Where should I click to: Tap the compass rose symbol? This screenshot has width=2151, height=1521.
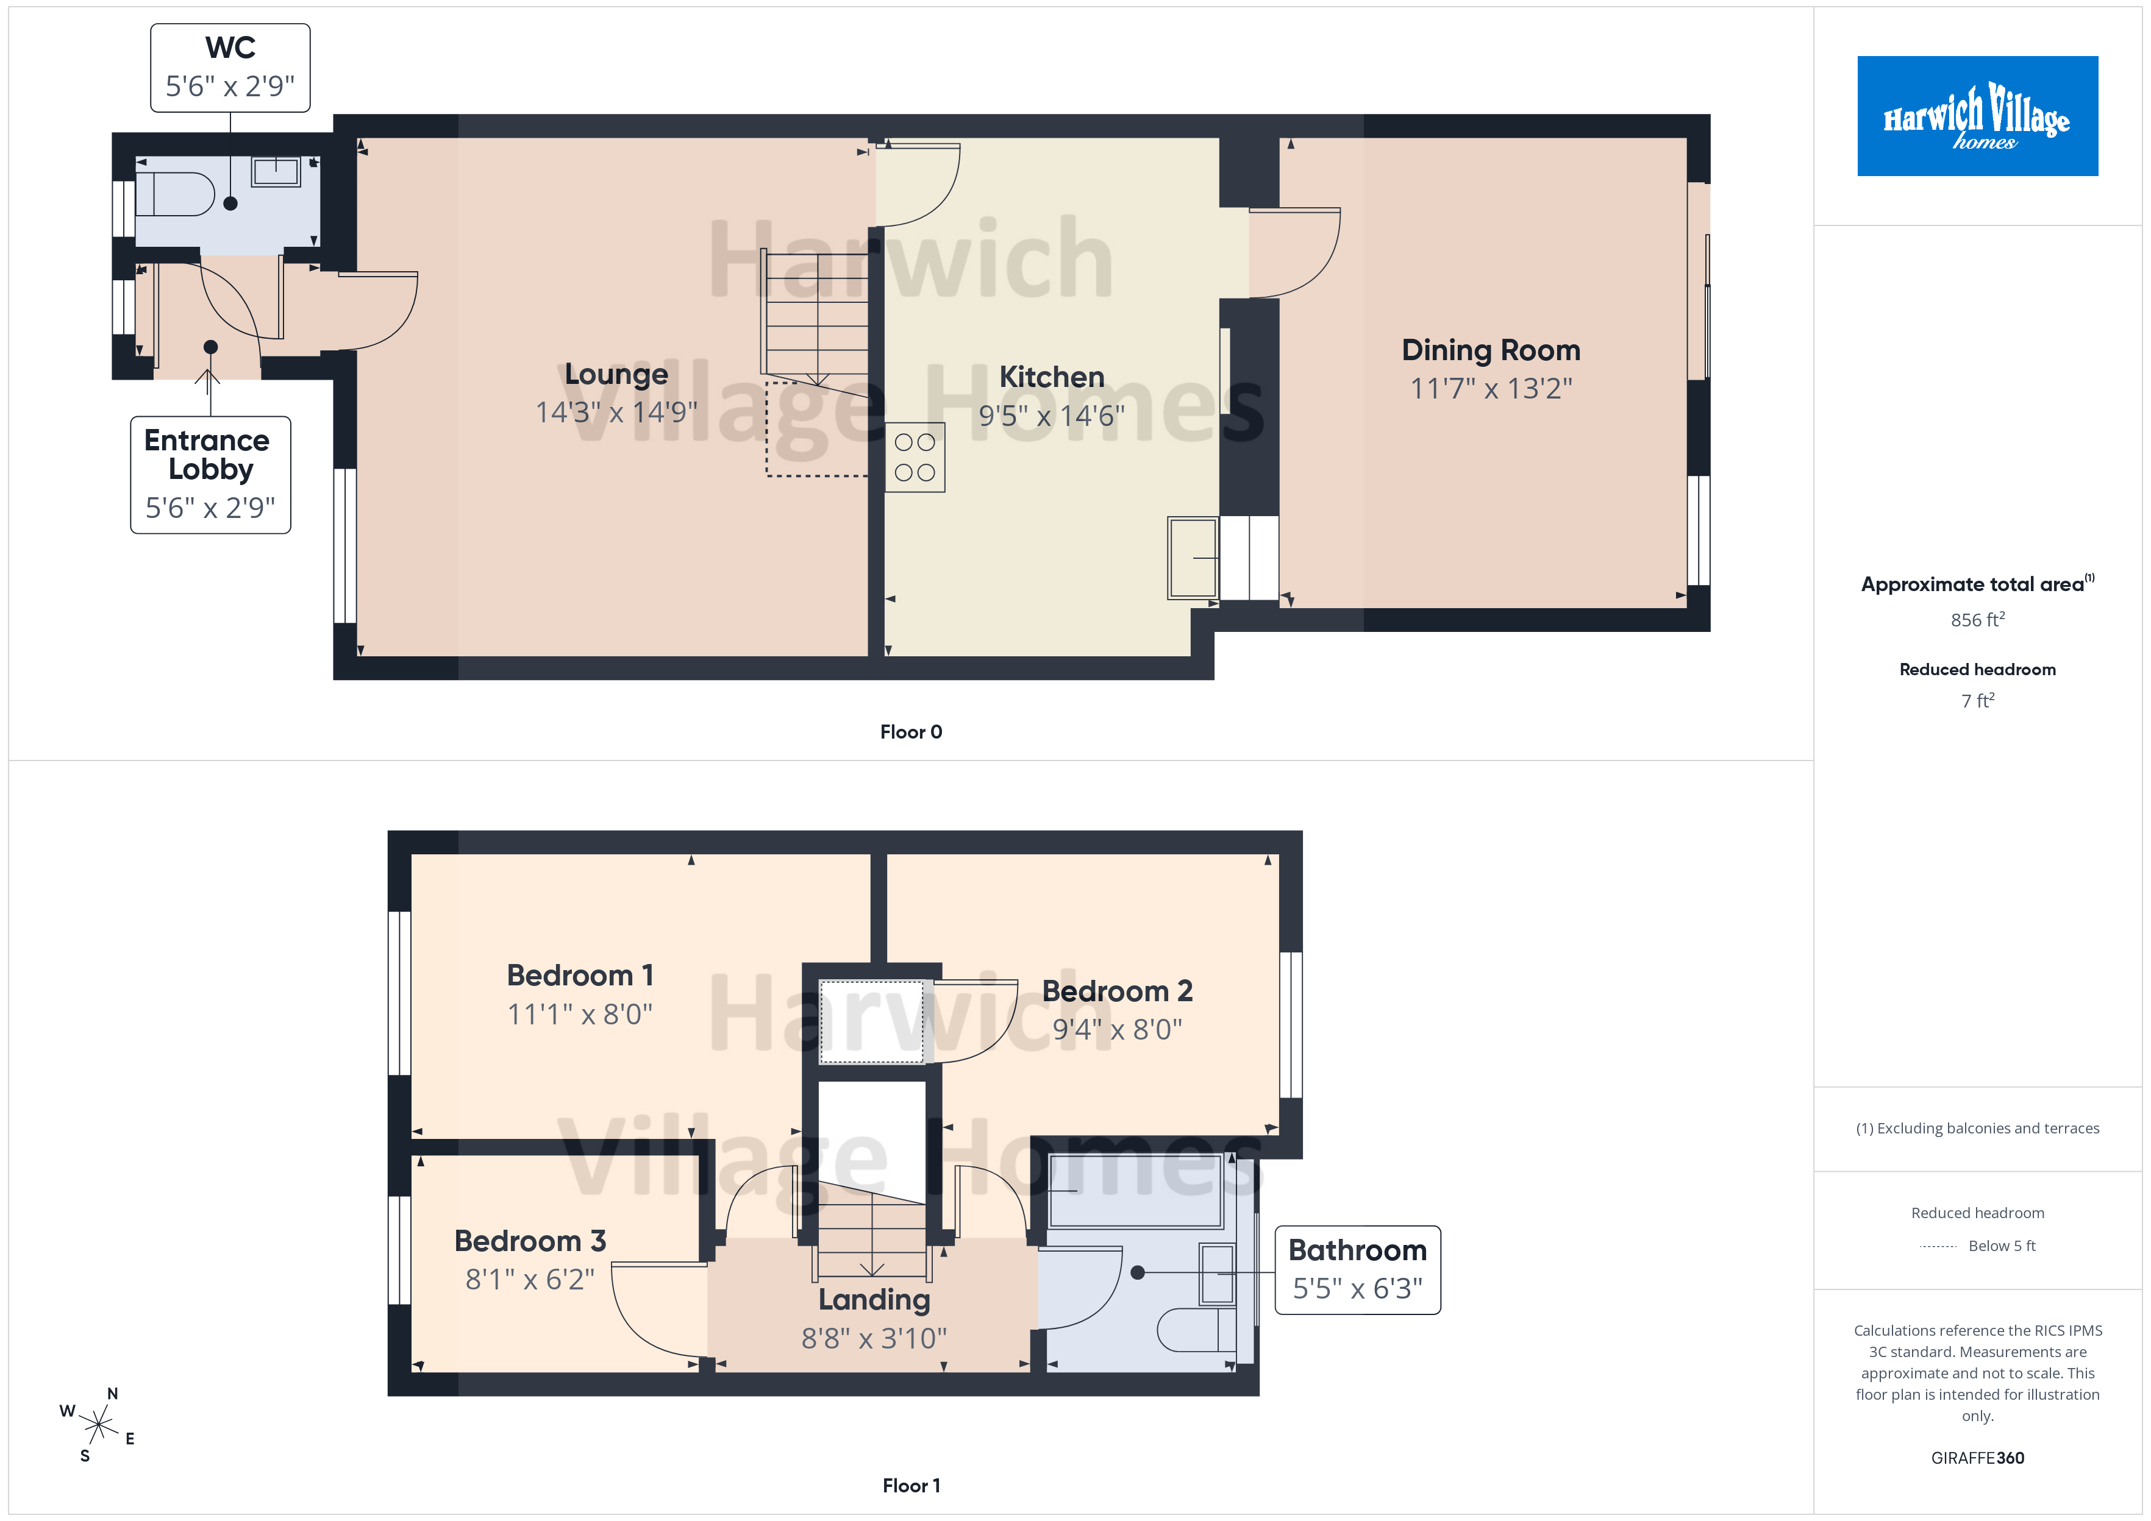[x=98, y=1425]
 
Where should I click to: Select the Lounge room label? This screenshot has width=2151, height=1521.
[x=616, y=374]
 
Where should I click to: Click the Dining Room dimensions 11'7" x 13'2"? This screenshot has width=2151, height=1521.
[x=1491, y=388]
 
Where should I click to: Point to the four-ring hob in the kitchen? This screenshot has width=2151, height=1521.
[x=915, y=457]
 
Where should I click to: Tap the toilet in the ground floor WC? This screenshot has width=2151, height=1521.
[x=175, y=194]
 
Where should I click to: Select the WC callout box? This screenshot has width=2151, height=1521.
[x=230, y=68]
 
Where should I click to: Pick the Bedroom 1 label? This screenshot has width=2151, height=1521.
[x=580, y=975]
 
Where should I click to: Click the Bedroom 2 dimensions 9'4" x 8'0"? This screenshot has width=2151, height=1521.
[x=1117, y=1029]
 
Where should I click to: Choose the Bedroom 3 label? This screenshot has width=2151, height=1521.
[x=530, y=1241]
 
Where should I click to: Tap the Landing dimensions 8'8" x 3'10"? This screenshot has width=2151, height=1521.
[x=874, y=1338]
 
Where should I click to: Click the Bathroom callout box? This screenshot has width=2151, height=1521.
[x=1358, y=1270]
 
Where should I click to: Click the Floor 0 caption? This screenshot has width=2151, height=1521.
[x=911, y=731]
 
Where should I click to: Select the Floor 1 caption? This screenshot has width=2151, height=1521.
[x=911, y=1486]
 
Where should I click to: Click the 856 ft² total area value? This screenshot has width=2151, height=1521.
[x=1978, y=619]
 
